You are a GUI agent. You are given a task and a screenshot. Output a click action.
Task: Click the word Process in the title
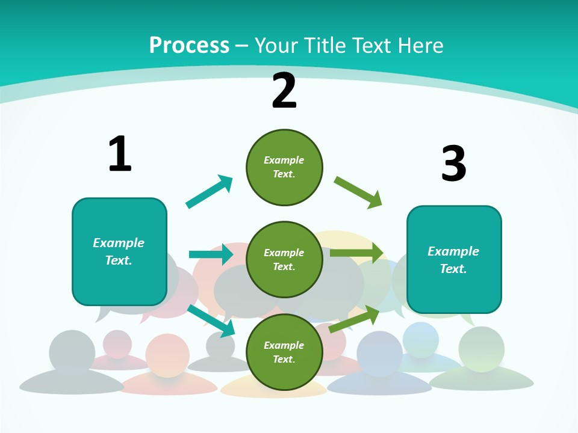click(x=190, y=45)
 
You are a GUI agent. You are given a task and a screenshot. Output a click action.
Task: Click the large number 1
click(x=120, y=153)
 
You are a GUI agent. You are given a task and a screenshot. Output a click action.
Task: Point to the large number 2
click(x=284, y=91)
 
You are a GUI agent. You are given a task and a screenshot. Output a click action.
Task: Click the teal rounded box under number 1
click(x=119, y=252)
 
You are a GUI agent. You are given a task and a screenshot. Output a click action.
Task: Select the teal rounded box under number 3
click(x=454, y=260)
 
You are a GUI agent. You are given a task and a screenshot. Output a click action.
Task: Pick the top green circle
click(x=284, y=167)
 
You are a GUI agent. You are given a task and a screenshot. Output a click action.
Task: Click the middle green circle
click(x=284, y=260)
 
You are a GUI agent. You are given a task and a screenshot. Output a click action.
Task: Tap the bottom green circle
click(x=284, y=352)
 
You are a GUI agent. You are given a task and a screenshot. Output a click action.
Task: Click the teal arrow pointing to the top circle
click(x=210, y=191)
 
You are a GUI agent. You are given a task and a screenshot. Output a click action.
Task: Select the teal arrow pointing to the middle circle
click(x=211, y=254)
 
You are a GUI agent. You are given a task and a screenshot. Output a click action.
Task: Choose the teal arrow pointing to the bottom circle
click(x=211, y=321)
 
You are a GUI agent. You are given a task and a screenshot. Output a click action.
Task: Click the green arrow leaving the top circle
click(x=358, y=192)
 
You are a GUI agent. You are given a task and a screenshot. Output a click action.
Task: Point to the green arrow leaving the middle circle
click(x=357, y=253)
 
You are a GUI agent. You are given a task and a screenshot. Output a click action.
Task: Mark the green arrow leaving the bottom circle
click(x=354, y=319)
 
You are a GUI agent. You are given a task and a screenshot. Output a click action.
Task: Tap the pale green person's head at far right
click(x=482, y=349)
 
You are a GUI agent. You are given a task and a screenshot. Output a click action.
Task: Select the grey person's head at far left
click(x=72, y=352)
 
